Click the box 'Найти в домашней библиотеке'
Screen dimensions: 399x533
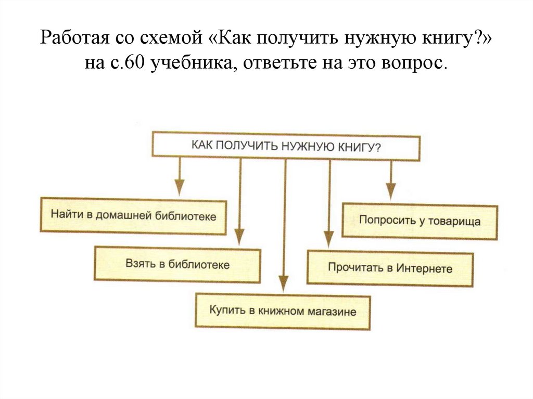click(133, 215)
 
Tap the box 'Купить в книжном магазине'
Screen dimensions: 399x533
click(283, 311)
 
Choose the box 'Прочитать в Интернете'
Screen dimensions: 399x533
click(390, 268)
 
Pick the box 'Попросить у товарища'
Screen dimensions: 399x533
click(420, 221)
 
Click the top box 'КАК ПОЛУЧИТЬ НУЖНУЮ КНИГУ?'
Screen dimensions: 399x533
click(286, 146)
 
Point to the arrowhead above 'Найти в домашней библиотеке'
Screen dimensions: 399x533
click(179, 187)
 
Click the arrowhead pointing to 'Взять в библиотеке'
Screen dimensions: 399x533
click(239, 236)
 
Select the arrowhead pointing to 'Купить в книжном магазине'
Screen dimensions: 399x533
click(283, 284)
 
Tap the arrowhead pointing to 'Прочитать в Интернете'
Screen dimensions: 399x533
click(328, 239)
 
